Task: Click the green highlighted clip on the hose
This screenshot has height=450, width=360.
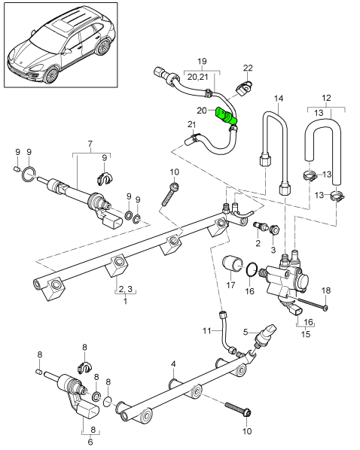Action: pos(227,117)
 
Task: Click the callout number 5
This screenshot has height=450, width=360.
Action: pos(245,330)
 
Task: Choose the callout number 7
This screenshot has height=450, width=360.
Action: pos(90,143)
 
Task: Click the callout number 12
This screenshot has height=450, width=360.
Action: pos(325,98)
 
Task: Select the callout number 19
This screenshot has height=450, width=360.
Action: pos(201,60)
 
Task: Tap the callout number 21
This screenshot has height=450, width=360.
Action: pos(191,124)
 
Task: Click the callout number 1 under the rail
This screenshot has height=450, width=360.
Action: pos(125,301)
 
